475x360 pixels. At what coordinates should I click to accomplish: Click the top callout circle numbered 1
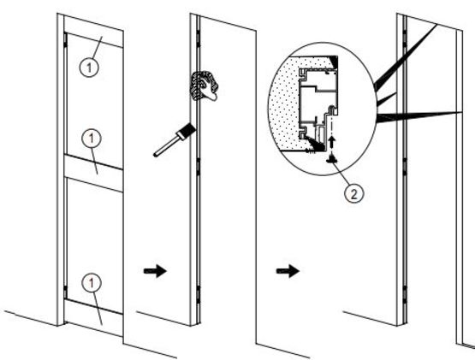tap(89, 67)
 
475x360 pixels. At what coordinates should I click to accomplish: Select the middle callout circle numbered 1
tap(92, 138)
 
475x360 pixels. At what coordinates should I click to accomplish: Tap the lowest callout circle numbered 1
tap(92, 283)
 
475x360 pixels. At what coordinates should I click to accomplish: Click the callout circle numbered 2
tap(353, 193)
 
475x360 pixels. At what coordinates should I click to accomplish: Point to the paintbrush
tap(175, 140)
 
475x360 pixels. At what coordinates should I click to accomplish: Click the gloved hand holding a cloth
tap(204, 86)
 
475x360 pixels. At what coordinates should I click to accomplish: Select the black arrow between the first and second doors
tap(155, 271)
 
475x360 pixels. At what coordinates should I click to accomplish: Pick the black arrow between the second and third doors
tap(288, 271)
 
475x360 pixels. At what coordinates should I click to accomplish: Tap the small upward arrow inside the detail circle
tap(332, 141)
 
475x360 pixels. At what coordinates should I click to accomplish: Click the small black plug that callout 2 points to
tap(332, 158)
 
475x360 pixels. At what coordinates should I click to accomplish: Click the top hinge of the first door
tap(65, 40)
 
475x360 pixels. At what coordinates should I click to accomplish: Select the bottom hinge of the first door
tap(65, 292)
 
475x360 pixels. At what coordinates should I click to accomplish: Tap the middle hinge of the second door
tap(198, 167)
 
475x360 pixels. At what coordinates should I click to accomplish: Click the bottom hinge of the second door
tap(198, 293)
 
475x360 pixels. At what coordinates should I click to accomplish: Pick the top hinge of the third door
tap(405, 38)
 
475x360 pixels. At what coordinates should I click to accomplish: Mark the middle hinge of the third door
tap(405, 166)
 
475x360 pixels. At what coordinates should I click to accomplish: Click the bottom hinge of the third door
tap(405, 293)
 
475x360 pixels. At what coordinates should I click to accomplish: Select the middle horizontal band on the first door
tap(93, 173)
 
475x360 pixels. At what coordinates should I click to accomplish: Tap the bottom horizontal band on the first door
tap(93, 317)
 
